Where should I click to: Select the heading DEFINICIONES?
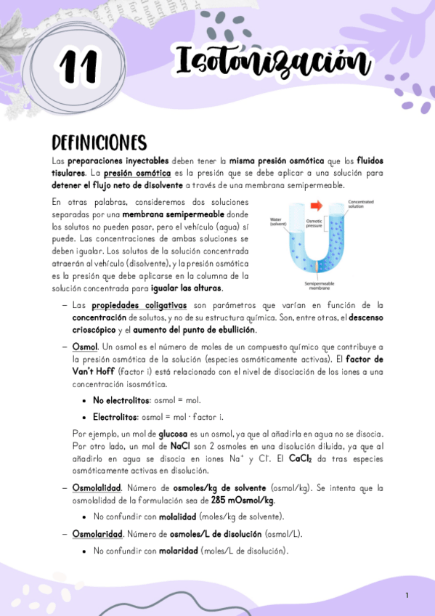coord(99,142)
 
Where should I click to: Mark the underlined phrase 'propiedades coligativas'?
coord(128,306)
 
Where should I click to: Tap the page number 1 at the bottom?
coord(407,596)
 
